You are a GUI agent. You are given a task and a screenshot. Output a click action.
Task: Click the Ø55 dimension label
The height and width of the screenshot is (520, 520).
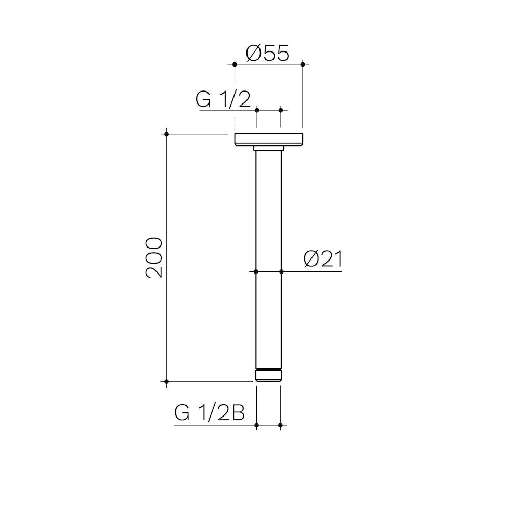(x=267, y=53)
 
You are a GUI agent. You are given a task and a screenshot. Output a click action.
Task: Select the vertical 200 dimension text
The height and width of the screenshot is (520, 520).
(x=154, y=257)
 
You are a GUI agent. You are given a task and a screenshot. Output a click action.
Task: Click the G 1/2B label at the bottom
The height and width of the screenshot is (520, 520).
(x=210, y=413)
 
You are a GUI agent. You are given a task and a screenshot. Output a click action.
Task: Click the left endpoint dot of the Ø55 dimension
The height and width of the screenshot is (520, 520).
(x=235, y=64)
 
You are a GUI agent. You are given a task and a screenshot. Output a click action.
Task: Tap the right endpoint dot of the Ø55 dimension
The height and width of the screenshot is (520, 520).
(x=303, y=64)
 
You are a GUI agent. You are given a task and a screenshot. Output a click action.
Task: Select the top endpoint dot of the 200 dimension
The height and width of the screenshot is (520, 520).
(x=166, y=134)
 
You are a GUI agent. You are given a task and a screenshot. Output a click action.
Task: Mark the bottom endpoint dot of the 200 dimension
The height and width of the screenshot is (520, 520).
(x=166, y=381)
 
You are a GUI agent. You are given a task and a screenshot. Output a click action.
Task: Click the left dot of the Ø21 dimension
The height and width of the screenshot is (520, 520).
(x=256, y=271)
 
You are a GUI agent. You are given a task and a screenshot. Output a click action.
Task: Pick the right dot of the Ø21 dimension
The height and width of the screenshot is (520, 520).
(x=281, y=271)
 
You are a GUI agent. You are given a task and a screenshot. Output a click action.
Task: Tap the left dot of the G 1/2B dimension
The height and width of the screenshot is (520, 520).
(x=257, y=425)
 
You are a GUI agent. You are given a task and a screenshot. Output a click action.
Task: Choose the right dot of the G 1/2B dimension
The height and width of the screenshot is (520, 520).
(x=280, y=425)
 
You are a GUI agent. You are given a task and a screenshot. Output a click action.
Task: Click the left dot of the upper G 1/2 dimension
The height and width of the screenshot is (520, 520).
(x=257, y=110)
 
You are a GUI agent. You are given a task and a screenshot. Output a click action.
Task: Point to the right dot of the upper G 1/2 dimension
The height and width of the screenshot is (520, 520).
(x=281, y=110)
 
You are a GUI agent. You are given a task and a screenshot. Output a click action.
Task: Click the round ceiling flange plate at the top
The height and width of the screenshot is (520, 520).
(x=268, y=139)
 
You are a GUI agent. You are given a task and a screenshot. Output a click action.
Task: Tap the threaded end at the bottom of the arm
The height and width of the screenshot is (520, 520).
(x=268, y=375)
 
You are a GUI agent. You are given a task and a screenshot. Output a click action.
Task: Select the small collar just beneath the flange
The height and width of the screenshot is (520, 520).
(x=268, y=149)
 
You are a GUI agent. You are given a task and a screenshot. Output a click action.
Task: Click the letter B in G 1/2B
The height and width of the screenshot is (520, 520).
(x=238, y=413)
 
